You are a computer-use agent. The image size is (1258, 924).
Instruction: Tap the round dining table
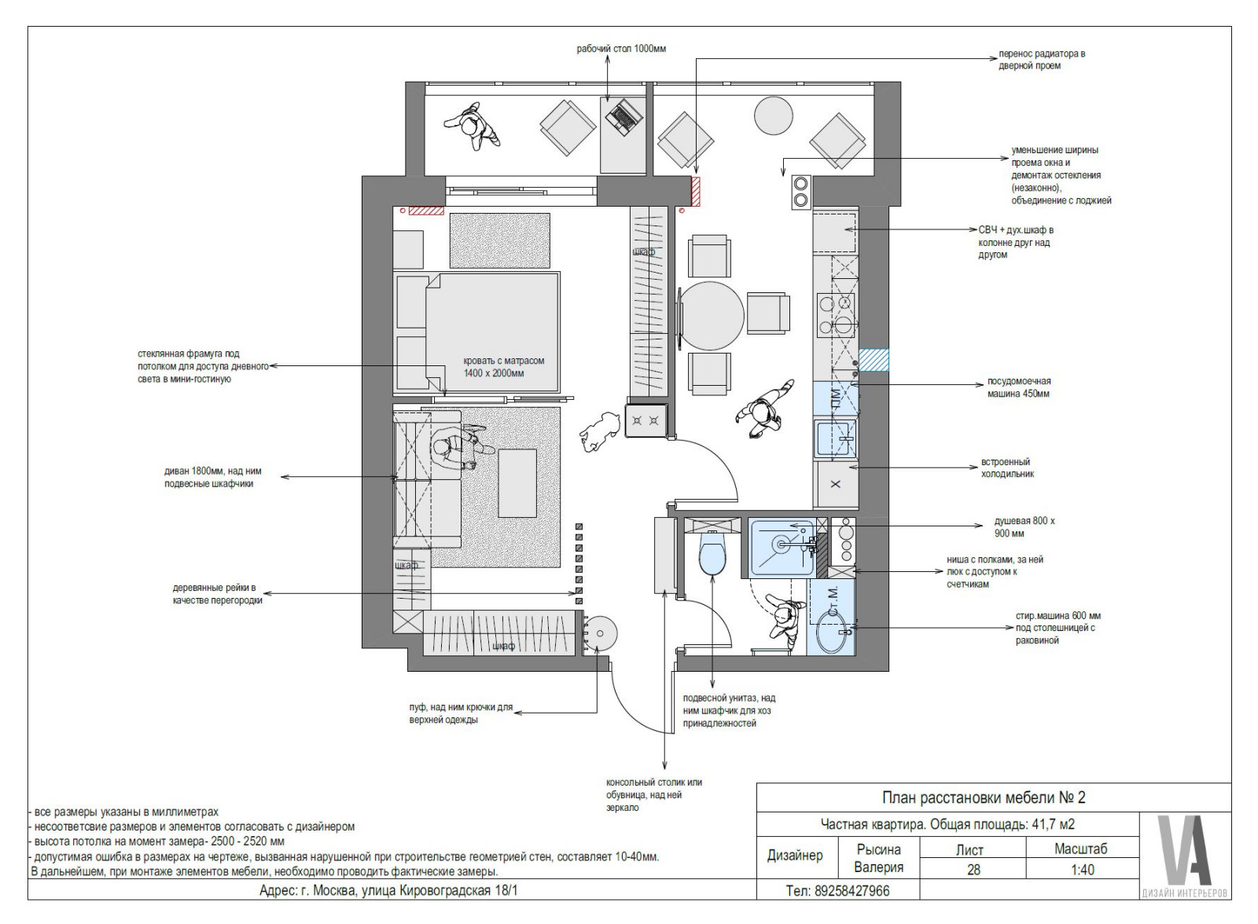coord(712,316)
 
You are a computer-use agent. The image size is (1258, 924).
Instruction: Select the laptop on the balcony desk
coord(623,118)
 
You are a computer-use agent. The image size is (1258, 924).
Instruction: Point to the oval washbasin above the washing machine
coord(834,632)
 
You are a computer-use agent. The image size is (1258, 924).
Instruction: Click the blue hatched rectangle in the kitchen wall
coord(874,361)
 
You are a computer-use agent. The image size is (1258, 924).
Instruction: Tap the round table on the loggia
coord(774,115)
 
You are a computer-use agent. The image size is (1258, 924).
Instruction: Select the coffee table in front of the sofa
coord(517,482)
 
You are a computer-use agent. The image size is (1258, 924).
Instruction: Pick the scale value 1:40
coord(1082,870)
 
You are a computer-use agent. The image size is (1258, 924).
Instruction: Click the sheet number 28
coord(973,870)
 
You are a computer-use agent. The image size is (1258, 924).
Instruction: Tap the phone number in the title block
coord(838,891)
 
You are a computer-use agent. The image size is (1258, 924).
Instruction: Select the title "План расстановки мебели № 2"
coord(984,797)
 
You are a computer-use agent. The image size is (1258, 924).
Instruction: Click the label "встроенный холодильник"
coord(1007,467)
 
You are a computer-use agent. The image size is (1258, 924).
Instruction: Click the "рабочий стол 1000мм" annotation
coord(621,49)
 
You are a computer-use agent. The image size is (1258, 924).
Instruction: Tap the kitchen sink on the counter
coord(836,438)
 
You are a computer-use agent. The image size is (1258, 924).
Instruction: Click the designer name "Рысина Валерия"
coord(879,859)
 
